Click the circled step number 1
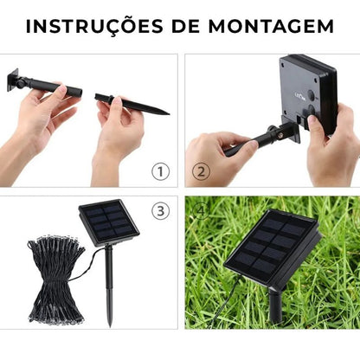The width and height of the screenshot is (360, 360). click(160, 171)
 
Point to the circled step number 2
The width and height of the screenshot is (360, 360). click(201, 171)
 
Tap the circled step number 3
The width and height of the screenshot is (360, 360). click(160, 211)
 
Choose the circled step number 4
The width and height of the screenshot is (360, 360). click(202, 209)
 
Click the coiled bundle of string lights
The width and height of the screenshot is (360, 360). click(57, 277)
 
